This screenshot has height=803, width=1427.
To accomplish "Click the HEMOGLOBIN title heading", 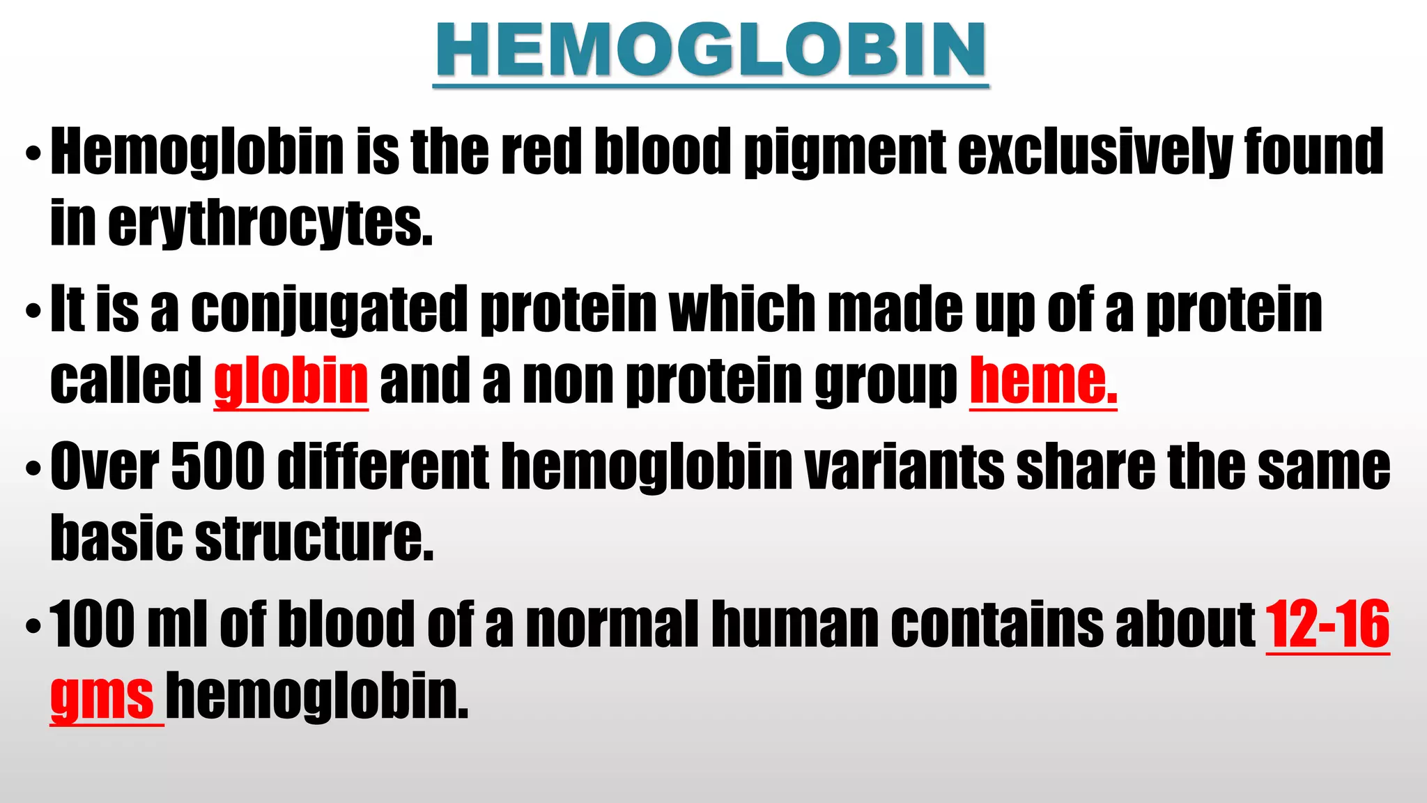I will coord(711,50).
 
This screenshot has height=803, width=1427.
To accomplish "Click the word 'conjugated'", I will coord(329,309).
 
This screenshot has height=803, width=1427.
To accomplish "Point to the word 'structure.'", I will coord(314,537).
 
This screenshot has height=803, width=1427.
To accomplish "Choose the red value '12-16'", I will coord(1327,624).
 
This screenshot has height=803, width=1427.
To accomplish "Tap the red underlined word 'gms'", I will coord(102,696).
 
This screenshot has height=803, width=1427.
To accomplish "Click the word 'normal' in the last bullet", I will coord(612,624).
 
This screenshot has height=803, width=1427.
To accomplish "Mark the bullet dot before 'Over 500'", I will coord(33,468).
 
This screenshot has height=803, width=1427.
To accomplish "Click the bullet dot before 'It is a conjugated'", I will coord(33,311).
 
